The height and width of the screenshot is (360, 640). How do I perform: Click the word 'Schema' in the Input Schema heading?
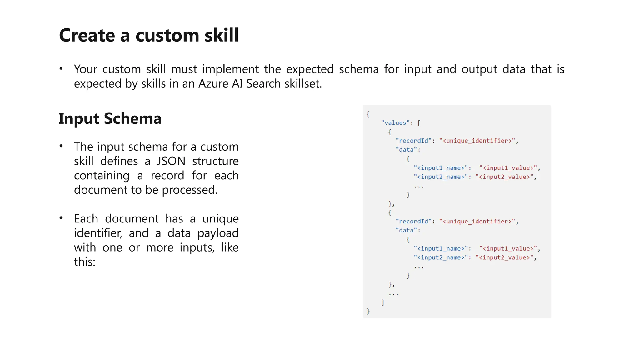pyautogui.click(x=132, y=118)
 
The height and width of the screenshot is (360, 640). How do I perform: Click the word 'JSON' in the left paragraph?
pyautogui.click(x=171, y=161)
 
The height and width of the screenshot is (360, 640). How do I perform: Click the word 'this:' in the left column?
pyautogui.click(x=84, y=262)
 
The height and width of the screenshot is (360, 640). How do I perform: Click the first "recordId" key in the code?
pyautogui.click(x=413, y=141)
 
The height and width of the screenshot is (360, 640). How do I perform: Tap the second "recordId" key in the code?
pyautogui.click(x=413, y=221)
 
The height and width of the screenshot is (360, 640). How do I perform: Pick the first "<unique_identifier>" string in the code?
pyautogui.click(x=477, y=141)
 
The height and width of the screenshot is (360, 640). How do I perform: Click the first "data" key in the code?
pyautogui.click(x=406, y=150)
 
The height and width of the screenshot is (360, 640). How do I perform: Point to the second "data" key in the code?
pyautogui.click(x=406, y=230)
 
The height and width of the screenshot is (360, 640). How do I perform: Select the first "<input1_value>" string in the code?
pyautogui.click(x=508, y=168)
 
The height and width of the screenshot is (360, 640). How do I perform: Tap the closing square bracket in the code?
pyautogui.click(x=383, y=302)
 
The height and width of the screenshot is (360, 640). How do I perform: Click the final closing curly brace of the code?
pyautogui.click(x=368, y=311)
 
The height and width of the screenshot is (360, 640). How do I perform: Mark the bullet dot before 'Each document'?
pyautogui.click(x=61, y=218)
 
